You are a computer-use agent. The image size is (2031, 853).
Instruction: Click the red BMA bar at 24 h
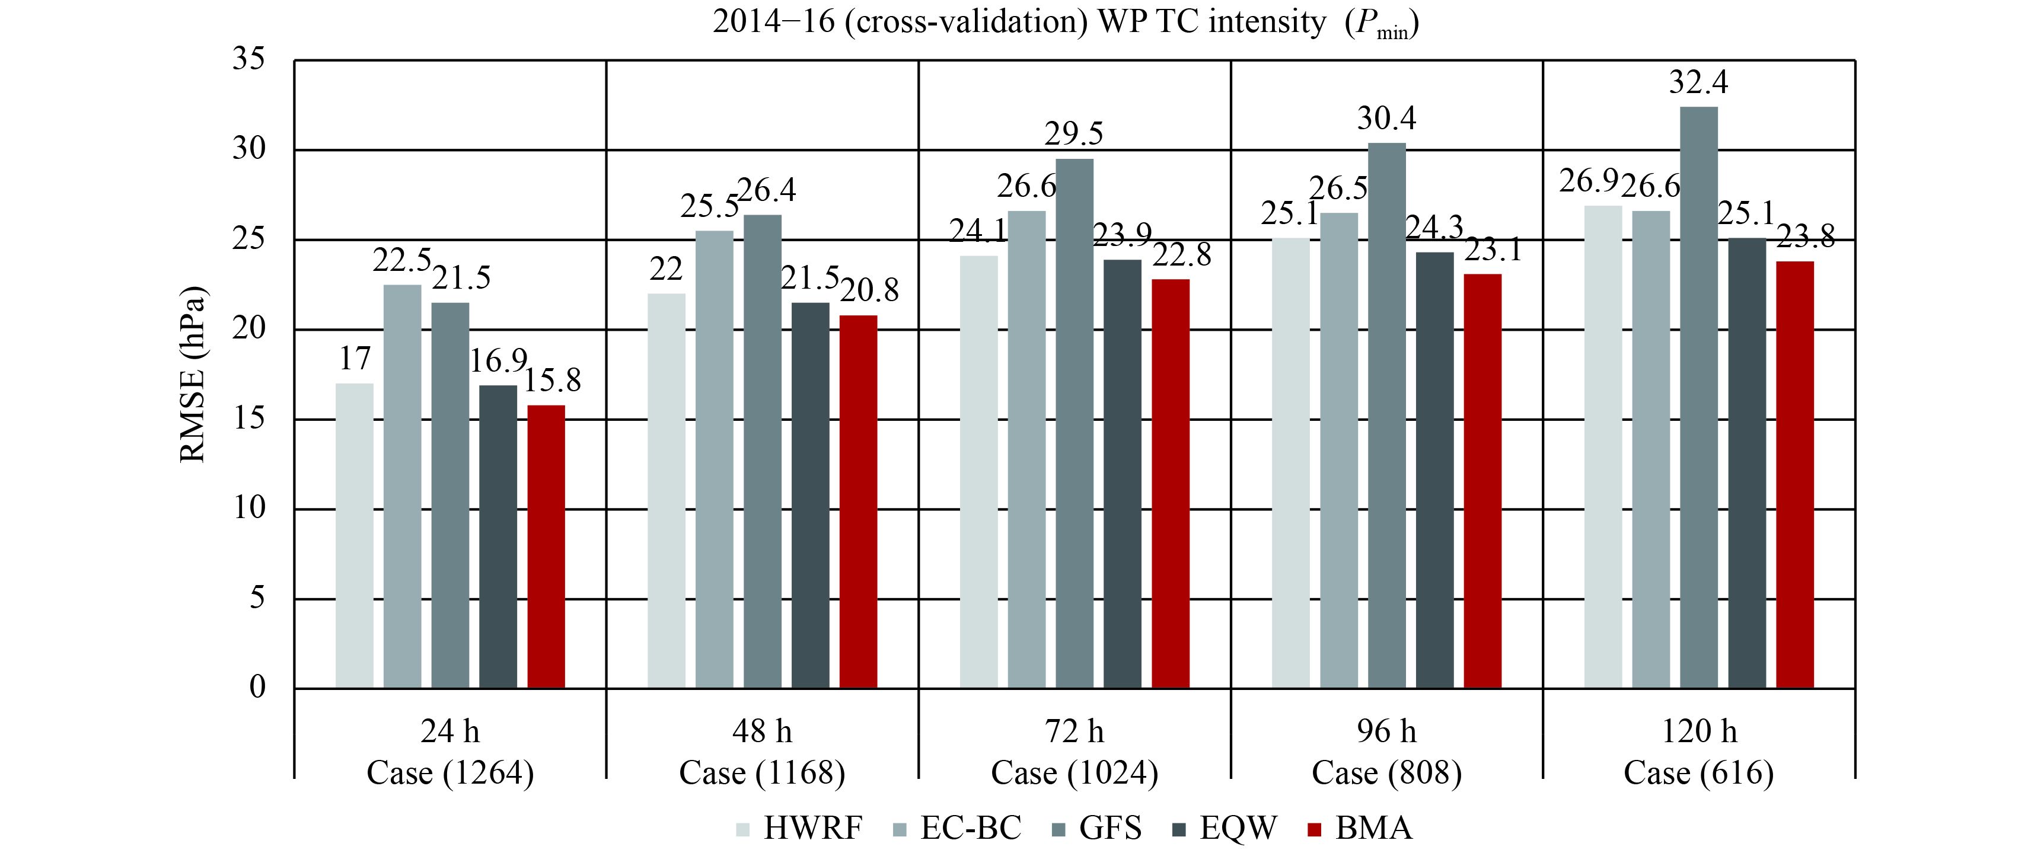[546, 547]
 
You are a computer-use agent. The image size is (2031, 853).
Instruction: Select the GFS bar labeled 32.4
[1698, 398]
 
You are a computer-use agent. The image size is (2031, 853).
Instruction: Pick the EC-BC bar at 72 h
[1026, 450]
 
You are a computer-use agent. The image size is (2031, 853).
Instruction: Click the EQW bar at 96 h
[1434, 471]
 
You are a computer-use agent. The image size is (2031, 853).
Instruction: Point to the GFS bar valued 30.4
[1387, 416]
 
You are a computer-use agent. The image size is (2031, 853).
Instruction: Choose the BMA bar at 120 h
[1794, 475]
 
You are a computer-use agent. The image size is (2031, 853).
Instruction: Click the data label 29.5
[1074, 135]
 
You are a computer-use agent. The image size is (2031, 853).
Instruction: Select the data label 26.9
[1588, 182]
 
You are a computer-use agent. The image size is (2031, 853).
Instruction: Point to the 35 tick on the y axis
[248, 60]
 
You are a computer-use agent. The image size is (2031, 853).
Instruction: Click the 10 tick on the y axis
[248, 509]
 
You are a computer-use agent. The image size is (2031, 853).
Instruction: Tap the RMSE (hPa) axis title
[194, 375]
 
